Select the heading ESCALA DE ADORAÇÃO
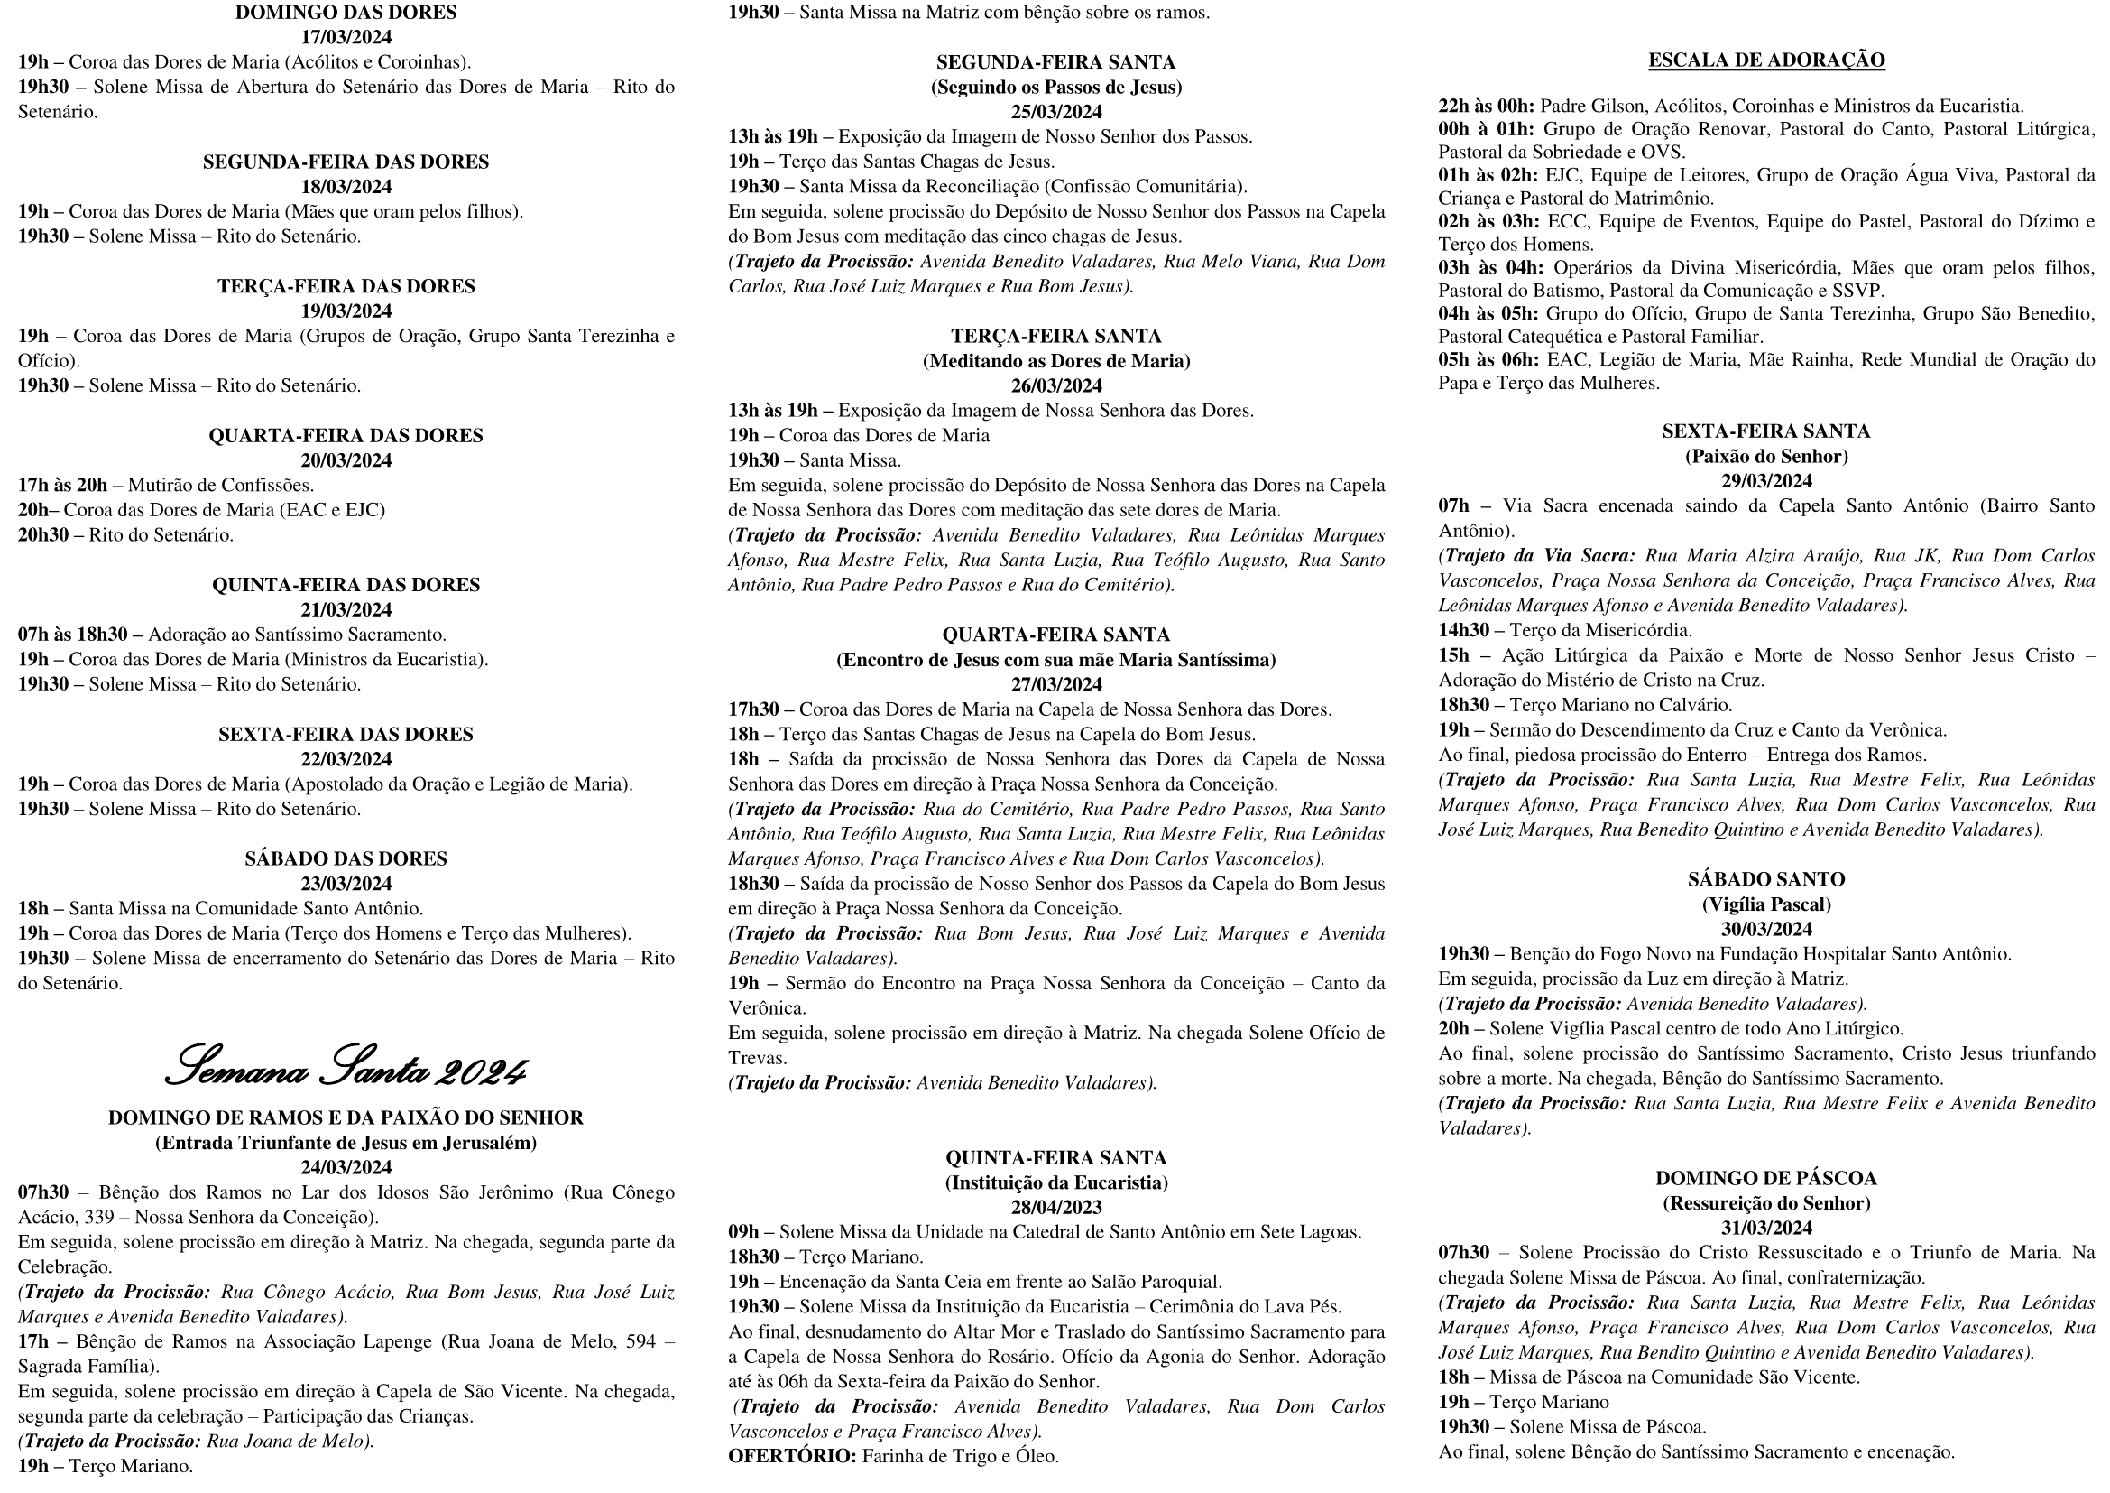(1766, 60)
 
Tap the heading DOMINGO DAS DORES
(346, 13)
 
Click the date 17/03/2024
(346, 38)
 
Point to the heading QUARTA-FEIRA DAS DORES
(346, 436)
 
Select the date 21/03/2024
(346, 609)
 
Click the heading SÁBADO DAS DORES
(346, 858)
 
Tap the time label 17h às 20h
(62, 486)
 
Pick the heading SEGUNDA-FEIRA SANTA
(1056, 62)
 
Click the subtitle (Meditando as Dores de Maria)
(1056, 361)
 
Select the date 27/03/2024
(1056, 685)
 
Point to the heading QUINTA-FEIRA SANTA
(1056, 1158)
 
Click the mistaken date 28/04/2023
(1056, 1208)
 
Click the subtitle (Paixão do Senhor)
(1766, 456)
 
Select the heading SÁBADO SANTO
(1766, 880)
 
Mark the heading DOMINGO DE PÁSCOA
(1766, 1179)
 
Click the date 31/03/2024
(1766, 1229)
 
